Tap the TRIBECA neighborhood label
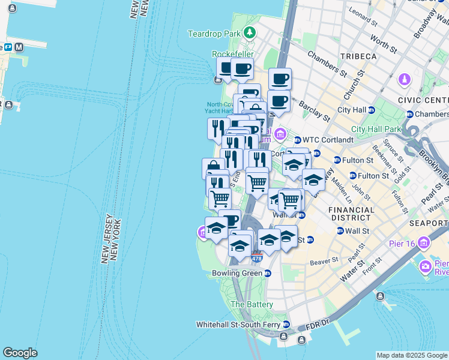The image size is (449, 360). tap(359, 56)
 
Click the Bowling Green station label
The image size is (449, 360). tap(237, 273)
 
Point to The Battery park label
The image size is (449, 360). tap(252, 304)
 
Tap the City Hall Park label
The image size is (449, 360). tap(376, 129)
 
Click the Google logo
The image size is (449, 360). tap(20, 353)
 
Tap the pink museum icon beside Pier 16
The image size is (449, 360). tap(424, 242)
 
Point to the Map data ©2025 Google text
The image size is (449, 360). tap(412, 355)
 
